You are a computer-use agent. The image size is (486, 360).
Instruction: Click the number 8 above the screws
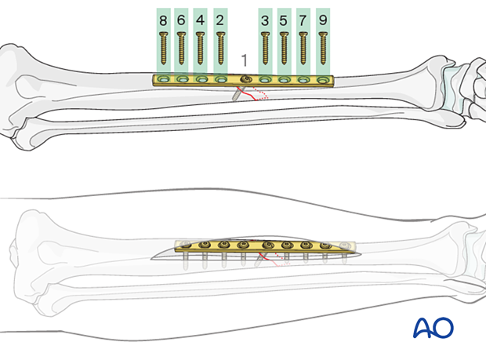tap(163, 20)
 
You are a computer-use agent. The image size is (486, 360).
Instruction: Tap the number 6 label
tap(181, 20)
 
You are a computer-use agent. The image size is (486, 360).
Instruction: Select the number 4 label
tap(200, 20)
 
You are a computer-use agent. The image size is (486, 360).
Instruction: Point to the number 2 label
tap(219, 20)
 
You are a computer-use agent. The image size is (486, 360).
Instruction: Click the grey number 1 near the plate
tap(245, 60)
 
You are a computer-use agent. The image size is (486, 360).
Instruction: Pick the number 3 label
tap(265, 20)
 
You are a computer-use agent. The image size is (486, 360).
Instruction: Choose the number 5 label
tap(283, 20)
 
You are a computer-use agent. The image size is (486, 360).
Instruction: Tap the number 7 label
tap(303, 20)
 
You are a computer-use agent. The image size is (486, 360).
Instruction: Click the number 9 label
tap(323, 20)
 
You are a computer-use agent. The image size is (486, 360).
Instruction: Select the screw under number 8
tap(163, 49)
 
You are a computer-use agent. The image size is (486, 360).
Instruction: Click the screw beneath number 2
tap(220, 49)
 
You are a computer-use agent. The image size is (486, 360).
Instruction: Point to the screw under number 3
tap(265, 49)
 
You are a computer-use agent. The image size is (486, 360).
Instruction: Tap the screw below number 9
tap(323, 49)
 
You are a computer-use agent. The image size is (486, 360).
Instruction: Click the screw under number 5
tap(284, 49)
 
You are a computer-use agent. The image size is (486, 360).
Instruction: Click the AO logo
tap(433, 327)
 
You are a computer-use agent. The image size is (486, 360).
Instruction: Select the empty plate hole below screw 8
tap(163, 80)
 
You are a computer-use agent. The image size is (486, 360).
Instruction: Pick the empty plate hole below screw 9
tap(323, 80)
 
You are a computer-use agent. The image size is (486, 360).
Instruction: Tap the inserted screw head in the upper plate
tap(246, 79)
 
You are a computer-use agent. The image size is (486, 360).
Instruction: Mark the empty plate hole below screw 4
tap(201, 80)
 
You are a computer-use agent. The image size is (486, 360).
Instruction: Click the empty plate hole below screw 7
tap(303, 80)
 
